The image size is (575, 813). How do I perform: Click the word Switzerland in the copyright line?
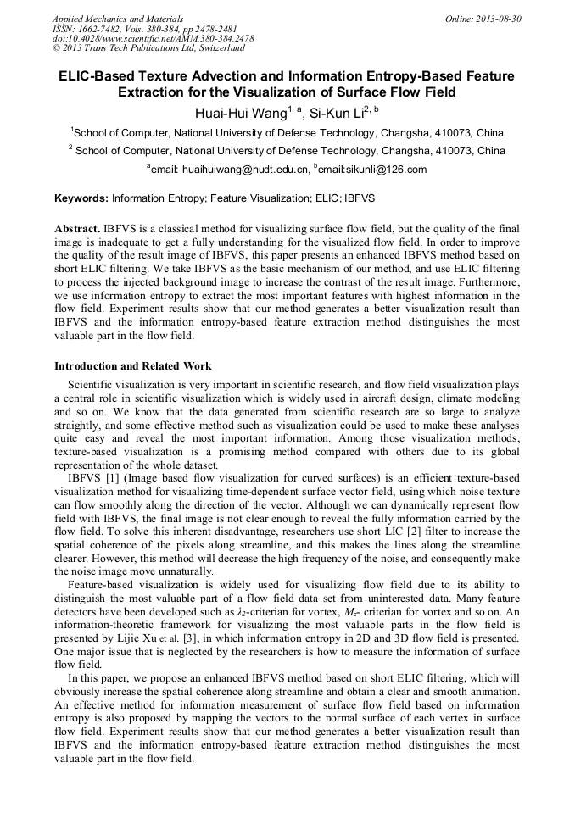coord(211,48)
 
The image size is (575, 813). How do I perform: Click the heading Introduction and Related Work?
coord(133,366)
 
